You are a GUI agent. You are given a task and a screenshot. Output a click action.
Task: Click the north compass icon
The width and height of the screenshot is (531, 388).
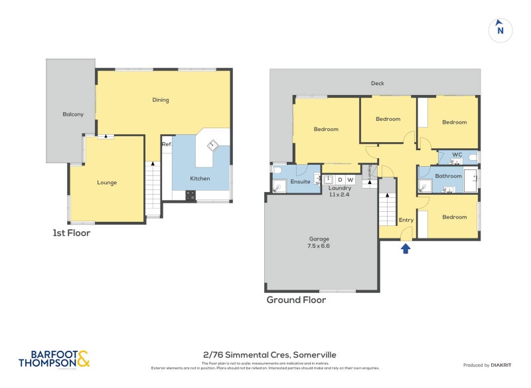coord(500,30)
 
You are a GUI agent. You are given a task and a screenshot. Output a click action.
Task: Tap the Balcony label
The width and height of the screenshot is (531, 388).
coord(73,114)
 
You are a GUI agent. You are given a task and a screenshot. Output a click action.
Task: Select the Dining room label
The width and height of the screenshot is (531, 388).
coord(161,100)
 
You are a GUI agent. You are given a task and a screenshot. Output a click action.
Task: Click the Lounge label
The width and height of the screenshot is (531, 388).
coord(107,182)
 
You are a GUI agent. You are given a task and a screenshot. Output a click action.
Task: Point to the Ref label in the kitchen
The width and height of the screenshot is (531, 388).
coord(166,144)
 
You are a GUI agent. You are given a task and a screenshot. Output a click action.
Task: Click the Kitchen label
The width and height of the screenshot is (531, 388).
coord(200,179)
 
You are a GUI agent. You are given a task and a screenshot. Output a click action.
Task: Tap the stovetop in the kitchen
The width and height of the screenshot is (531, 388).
coord(190,195)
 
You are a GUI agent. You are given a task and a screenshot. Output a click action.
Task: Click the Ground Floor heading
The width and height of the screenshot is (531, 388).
coord(296,300)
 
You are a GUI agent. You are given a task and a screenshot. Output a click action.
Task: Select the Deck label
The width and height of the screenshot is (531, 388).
coord(377,84)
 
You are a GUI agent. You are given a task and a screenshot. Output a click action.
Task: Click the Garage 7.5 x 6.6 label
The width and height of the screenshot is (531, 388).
coord(319,242)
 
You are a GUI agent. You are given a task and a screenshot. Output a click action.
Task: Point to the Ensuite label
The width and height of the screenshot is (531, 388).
coord(301,181)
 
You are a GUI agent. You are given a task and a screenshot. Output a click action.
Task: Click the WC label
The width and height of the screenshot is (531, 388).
coord(457,155)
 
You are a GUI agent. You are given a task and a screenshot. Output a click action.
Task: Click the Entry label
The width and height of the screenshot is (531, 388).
coord(406,220)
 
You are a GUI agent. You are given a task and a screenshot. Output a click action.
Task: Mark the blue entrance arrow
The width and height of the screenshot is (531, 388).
coord(406,248)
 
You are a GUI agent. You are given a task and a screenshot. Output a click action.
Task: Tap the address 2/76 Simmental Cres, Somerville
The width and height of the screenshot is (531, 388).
coord(265,355)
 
